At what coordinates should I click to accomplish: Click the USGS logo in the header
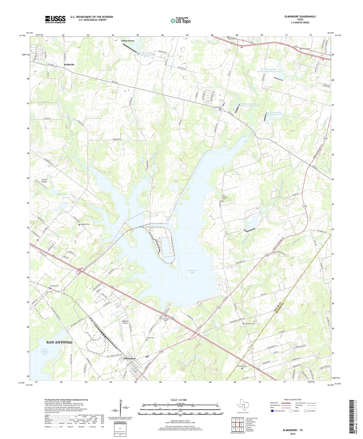coord(55,19)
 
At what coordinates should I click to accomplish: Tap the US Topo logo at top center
coord(180,21)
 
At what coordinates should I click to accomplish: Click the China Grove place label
coord(128,41)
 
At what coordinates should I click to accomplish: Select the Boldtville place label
coord(69,65)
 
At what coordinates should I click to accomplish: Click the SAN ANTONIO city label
coord(59,342)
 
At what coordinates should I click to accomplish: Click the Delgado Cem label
coord(85,224)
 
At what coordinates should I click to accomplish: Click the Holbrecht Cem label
coord(250,324)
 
